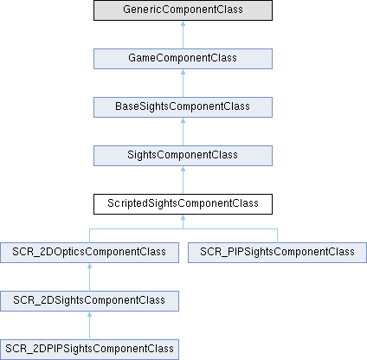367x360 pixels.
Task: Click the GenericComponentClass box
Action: click(x=183, y=10)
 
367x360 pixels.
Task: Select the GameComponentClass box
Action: click(x=183, y=59)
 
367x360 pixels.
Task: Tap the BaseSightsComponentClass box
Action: click(x=183, y=107)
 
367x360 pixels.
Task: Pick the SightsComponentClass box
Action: click(x=183, y=156)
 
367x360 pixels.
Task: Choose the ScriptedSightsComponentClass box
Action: click(x=183, y=204)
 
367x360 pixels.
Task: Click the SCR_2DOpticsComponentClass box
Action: click(x=89, y=253)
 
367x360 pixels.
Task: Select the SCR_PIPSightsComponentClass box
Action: click(x=277, y=253)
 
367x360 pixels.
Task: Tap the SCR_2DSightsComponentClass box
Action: click(x=89, y=301)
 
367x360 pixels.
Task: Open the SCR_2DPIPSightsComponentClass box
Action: click(x=89, y=350)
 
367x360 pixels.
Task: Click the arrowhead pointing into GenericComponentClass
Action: click(x=183, y=23)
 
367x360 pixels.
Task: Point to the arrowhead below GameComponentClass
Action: click(x=183, y=72)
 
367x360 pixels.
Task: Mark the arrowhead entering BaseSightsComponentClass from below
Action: click(x=183, y=120)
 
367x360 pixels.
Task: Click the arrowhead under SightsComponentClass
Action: click(x=183, y=169)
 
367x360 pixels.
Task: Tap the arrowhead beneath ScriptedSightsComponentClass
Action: click(x=183, y=217)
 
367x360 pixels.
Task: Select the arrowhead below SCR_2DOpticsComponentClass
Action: click(x=89, y=266)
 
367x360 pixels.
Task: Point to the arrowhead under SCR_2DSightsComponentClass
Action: click(x=89, y=314)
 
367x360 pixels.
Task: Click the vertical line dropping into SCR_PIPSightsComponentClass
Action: click(x=277, y=235)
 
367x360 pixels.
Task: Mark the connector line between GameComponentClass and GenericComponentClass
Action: click(x=183, y=37)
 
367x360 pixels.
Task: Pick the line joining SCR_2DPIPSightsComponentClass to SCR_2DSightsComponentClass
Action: click(x=89, y=328)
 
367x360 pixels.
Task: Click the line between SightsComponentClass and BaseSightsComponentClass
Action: click(x=183, y=134)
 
